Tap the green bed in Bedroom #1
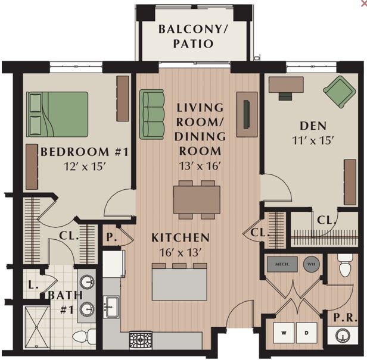57,114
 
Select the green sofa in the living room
152,114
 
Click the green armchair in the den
339,91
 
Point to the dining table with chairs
197,199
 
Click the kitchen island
179,284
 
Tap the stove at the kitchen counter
141,340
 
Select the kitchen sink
111,307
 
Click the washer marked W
284,333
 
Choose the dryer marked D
306,333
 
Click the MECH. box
282,264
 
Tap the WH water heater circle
311,264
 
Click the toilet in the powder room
345,266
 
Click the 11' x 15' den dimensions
313,141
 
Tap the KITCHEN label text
180,238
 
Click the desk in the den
286,85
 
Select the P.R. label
341,317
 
